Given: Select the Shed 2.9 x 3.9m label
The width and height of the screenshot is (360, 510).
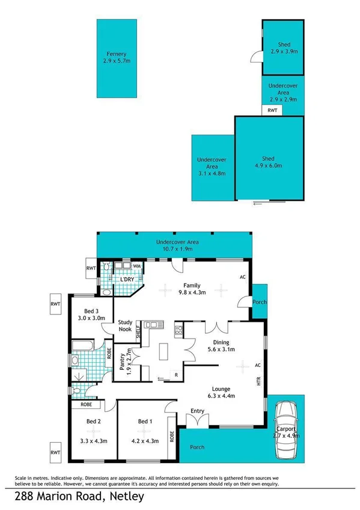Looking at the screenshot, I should (284, 48).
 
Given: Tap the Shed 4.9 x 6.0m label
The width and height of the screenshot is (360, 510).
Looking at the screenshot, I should (269, 162).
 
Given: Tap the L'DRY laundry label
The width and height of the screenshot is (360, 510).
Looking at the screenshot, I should (127, 280).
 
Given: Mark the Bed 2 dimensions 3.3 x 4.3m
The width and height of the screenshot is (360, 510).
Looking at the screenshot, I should (93, 441).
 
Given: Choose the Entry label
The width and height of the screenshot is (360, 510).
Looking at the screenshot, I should (197, 411).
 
